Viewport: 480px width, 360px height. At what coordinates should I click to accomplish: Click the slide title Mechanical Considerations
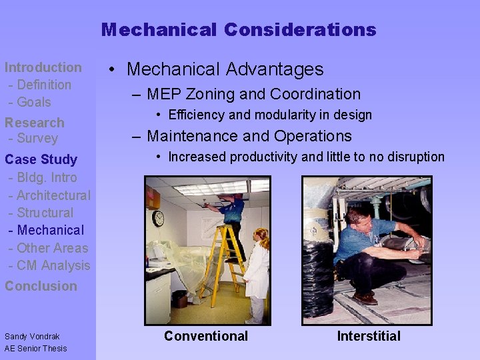point(239,30)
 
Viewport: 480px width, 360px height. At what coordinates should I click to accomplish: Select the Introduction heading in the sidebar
point(43,67)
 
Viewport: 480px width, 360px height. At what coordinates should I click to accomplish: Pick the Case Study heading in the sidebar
point(41,159)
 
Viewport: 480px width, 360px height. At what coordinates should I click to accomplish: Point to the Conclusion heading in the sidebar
point(41,286)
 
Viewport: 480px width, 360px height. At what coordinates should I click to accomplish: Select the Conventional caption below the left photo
point(206,336)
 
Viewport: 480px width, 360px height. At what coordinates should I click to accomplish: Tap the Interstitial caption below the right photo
point(369,336)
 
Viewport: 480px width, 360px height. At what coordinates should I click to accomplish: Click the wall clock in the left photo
point(158,218)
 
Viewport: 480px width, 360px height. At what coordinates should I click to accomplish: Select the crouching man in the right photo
point(373,253)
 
